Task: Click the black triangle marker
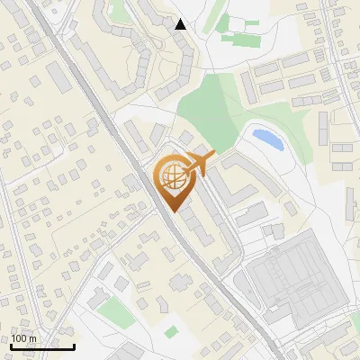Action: [181, 24]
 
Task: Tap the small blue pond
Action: [267, 139]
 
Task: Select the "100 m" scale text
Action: [23, 337]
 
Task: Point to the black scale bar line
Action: [41, 346]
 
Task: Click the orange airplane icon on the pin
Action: [199, 164]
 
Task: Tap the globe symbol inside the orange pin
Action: [172, 178]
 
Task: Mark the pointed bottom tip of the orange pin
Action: [174, 212]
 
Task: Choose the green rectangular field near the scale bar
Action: [114, 312]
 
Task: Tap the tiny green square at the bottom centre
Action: [172, 330]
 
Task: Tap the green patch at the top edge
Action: [118, 11]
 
